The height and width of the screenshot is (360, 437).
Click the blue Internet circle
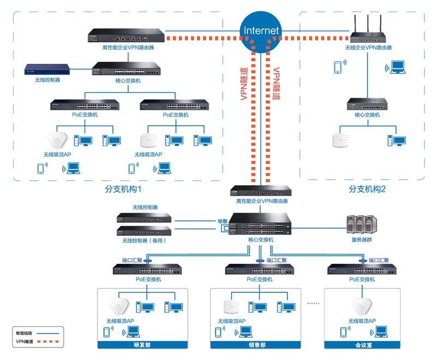tap(261, 30)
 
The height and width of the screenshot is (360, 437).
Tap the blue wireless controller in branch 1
tap(48, 69)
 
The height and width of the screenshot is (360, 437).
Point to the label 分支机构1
tap(123, 189)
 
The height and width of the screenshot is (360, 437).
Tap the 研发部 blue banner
tap(142, 345)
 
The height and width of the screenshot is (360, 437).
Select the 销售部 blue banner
tap(255, 345)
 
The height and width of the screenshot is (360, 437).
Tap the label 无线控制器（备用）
tap(144, 240)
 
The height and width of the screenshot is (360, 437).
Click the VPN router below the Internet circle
tap(261, 191)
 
